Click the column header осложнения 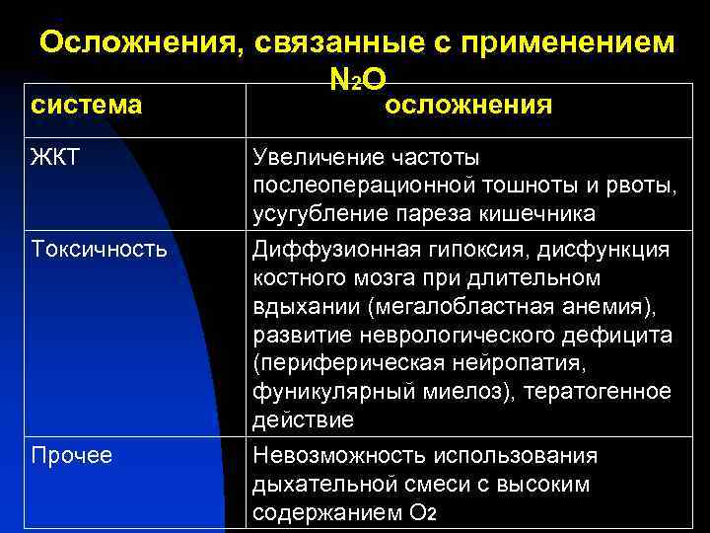click(467, 105)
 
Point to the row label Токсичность click(99, 249)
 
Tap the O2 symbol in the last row click(421, 514)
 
